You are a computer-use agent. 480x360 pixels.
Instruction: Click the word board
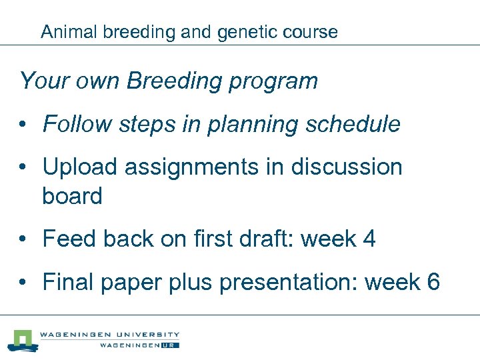pyautogui.click(x=72, y=196)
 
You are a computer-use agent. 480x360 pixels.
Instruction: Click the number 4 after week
pyautogui.click(x=369, y=239)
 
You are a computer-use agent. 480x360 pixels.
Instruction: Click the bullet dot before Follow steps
pyautogui.click(x=23, y=125)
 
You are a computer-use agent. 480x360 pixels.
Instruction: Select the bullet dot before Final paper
pyautogui.click(x=23, y=283)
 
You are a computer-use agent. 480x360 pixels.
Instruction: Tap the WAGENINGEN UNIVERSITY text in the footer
pyautogui.click(x=109, y=335)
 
